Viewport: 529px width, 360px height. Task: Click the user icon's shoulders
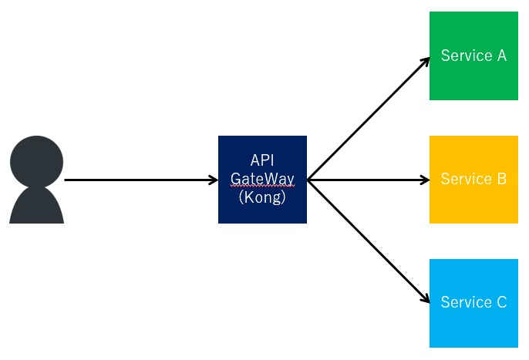[x=36, y=207]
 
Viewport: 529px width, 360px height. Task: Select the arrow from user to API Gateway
[x=139, y=180]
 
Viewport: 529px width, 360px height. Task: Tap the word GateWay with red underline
[x=262, y=179]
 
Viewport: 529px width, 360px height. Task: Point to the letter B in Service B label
[x=500, y=180]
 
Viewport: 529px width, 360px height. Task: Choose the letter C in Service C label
[x=500, y=303]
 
